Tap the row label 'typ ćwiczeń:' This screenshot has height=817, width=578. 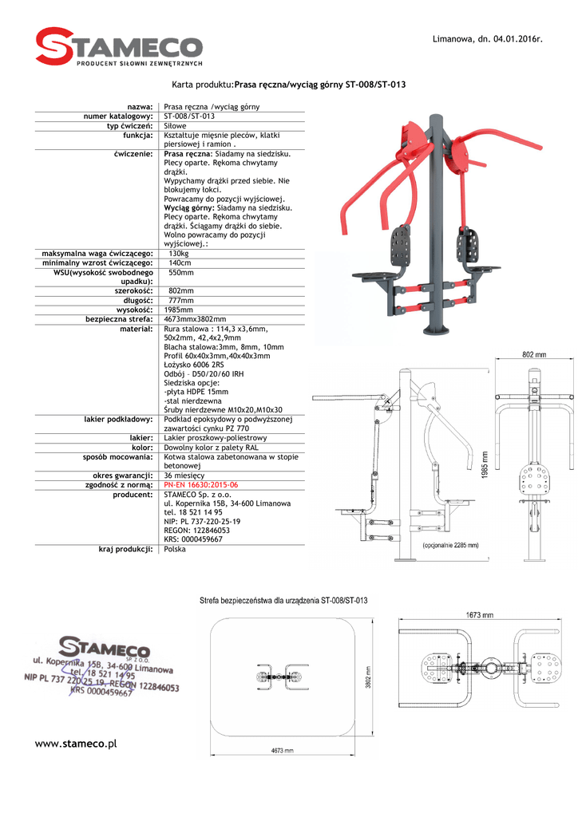129,126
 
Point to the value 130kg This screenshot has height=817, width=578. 179,254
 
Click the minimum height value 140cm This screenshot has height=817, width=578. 180,263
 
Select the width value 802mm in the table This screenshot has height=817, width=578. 181,291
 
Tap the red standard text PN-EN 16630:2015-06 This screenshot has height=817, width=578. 200,484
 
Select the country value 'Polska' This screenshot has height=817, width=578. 175,549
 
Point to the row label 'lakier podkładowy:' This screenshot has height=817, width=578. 118,419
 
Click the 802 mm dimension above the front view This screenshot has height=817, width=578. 534,355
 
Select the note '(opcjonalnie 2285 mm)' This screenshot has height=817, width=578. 450,547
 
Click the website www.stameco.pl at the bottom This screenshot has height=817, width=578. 77,743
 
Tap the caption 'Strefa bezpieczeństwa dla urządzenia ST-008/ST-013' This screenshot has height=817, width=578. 283,601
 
